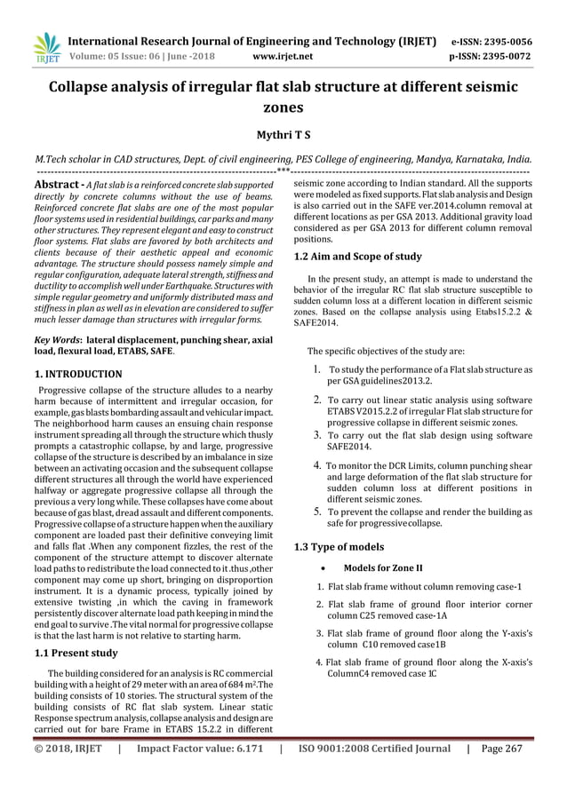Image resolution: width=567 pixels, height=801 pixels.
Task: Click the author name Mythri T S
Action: (283, 134)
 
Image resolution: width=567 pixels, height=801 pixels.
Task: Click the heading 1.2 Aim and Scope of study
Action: (357, 257)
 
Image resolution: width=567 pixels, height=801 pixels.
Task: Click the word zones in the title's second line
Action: (283, 107)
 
